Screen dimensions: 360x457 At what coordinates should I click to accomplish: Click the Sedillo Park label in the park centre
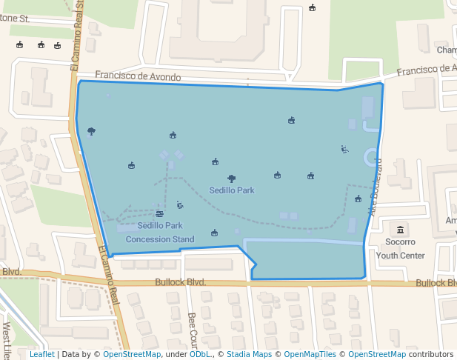[x=231, y=190]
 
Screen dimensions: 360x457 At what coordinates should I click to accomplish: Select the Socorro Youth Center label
[x=401, y=249]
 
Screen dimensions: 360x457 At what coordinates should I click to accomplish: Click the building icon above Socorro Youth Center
[x=401, y=229]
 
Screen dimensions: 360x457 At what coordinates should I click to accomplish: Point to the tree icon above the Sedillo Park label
[x=232, y=179]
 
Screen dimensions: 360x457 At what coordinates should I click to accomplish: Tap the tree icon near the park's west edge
[x=91, y=131]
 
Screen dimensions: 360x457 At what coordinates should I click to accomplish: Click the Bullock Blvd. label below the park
[x=180, y=282]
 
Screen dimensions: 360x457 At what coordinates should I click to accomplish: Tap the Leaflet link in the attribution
[x=41, y=355]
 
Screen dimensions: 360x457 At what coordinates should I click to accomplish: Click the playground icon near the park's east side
[x=344, y=149]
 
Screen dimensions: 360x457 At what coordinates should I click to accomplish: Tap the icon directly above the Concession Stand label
[x=160, y=213]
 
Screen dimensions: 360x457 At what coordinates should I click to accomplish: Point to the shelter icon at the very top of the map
[x=312, y=8]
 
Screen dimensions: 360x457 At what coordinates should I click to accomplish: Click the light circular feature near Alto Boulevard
[x=370, y=158]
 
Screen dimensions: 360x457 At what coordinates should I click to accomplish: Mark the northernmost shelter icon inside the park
[x=292, y=120]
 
